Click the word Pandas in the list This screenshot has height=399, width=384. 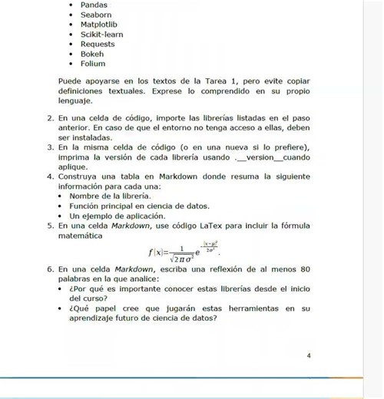click(94, 5)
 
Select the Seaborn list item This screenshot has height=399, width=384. click(96, 15)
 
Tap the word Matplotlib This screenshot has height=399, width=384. click(98, 25)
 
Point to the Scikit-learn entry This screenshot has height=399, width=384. click(101, 35)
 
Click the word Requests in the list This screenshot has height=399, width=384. click(98, 44)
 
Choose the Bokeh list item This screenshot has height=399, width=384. click(92, 54)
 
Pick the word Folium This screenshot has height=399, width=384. click(93, 64)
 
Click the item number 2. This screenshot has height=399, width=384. click(49, 120)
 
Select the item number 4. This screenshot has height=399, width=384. click(49, 176)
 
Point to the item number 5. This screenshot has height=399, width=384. click(49, 226)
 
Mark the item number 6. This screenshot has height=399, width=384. click(49, 269)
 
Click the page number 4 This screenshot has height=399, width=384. click(308, 356)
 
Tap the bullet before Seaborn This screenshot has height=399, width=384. click(71, 15)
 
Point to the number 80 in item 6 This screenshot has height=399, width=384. click(304, 269)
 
